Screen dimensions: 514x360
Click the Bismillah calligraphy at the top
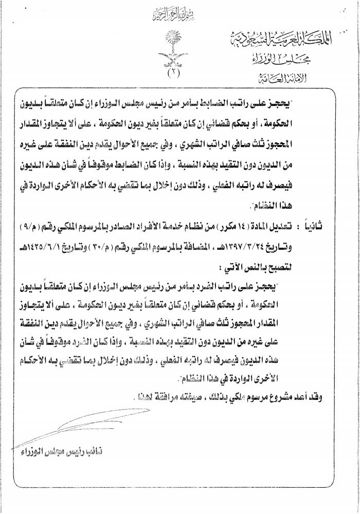(179, 11)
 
